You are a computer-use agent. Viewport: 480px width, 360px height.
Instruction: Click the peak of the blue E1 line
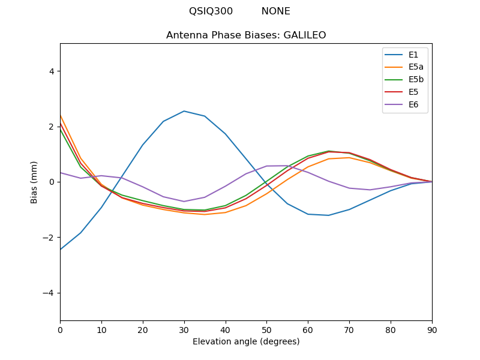pos(184,111)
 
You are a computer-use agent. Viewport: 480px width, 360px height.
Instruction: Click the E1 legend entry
pos(413,55)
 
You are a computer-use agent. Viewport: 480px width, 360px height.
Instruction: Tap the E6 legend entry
pos(413,105)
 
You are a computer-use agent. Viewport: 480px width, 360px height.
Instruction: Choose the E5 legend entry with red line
pos(413,92)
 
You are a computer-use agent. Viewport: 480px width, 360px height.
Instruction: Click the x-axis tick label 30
pos(184,329)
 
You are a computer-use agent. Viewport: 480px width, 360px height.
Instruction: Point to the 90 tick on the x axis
pos(432,329)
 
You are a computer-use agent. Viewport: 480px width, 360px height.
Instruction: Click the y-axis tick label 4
pos(52,71)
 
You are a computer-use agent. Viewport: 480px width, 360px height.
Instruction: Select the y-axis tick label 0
pos(52,182)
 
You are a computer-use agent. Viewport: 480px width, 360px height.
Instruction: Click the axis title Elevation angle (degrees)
pos(246,341)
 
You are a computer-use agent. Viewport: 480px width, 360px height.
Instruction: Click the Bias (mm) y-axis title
pos(34,182)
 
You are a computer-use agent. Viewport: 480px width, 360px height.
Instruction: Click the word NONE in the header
pos(275,11)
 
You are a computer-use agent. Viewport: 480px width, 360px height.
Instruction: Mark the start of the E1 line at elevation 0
pos(61,249)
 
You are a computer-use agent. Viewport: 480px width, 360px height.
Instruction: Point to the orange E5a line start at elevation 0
pos(61,116)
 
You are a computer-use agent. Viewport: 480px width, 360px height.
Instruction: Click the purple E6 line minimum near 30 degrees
pos(184,202)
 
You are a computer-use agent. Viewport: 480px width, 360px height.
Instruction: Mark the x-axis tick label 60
pos(308,329)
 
